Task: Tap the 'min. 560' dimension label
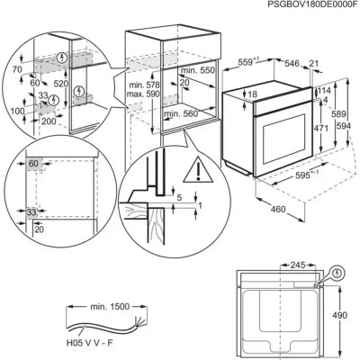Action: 181,115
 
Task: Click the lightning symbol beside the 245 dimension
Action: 337,269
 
